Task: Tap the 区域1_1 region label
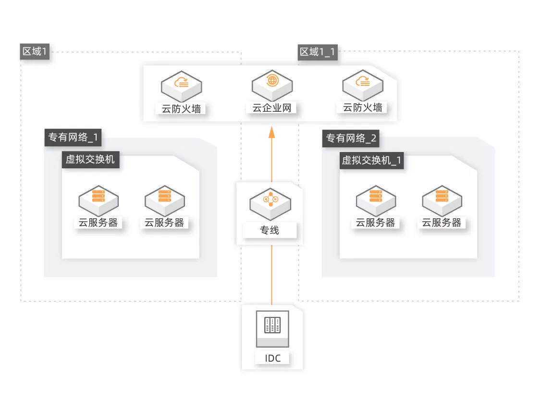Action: coord(317,52)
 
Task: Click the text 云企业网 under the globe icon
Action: coord(272,107)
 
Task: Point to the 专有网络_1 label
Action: coord(73,138)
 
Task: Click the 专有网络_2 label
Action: coord(351,139)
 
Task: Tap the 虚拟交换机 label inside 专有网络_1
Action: coord(90,160)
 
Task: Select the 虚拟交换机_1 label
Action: coord(371,161)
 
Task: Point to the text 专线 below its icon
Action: coord(270,230)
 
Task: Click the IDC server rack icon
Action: coord(272,329)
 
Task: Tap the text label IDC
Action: coord(272,358)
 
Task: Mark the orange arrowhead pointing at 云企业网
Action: coord(271,132)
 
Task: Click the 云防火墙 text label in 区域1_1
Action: coord(362,107)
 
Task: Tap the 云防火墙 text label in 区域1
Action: coord(181,108)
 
